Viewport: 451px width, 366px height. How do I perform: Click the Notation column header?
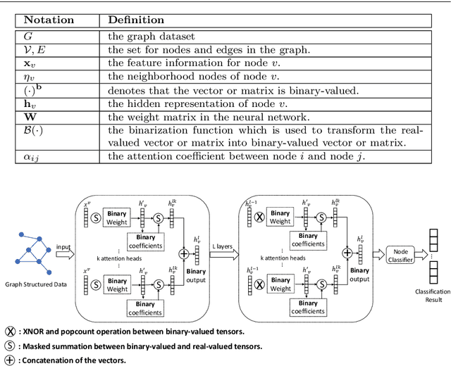tap(48, 20)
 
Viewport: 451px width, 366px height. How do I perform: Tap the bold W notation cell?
tap(30, 116)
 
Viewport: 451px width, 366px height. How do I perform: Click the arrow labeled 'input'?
tap(64, 249)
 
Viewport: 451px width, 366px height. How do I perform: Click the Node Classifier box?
tap(400, 253)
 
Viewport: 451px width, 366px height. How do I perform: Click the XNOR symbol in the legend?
tap(11, 330)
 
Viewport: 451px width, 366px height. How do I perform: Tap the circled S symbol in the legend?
tap(11, 345)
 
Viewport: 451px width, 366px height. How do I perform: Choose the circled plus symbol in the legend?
tap(11, 360)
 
